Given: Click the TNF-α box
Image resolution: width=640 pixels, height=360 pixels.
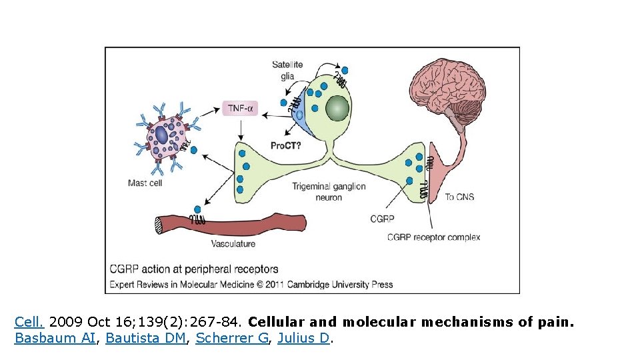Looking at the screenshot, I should tap(239, 107).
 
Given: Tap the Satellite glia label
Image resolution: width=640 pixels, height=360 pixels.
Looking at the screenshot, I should tap(287, 70).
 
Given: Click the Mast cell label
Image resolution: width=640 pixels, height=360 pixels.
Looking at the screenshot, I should tap(145, 183).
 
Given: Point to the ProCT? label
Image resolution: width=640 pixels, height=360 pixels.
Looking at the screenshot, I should tap(285, 145).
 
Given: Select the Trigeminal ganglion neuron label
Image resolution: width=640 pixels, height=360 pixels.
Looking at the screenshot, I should tap(329, 192).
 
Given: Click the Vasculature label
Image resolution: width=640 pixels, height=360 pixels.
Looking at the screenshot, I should tap(233, 244).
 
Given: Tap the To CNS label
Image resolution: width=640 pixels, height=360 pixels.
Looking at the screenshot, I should tap(459, 197).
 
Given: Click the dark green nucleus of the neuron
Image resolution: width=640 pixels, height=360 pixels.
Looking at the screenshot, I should tap(337, 108).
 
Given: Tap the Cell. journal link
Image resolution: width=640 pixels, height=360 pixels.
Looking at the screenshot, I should tap(29, 323).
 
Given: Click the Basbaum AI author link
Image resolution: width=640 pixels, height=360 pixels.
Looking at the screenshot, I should tap(55, 339).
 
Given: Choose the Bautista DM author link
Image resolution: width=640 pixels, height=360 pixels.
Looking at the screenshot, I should tap(145, 339).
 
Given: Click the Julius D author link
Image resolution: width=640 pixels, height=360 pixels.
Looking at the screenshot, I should tap(303, 339).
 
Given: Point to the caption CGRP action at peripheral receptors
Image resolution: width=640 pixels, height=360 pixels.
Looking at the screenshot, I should tap(194, 269).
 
